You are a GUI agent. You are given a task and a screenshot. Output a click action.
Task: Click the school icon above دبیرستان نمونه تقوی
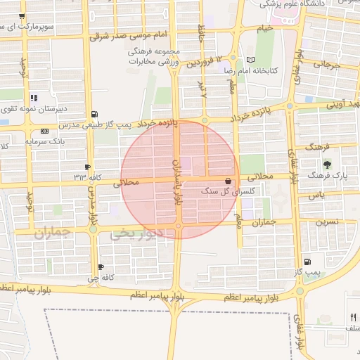coord(33,98)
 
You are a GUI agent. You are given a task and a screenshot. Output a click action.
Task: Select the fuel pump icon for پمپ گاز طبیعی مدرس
coord(95,114)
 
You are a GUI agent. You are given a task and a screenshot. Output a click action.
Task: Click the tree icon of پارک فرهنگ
coord(326,163)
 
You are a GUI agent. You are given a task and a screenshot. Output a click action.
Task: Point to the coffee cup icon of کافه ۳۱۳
coord(87,167)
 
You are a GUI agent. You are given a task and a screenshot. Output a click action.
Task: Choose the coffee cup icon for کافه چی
coord(101,266)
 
